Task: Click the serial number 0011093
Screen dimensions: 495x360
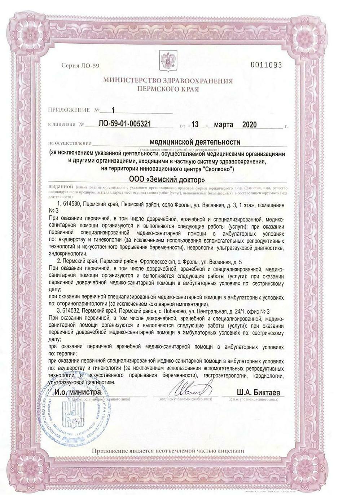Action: (x=266, y=65)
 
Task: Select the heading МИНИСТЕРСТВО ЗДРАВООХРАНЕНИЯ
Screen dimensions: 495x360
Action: (x=168, y=81)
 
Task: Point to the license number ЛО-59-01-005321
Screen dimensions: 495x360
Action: (x=124, y=124)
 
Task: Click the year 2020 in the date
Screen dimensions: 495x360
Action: (x=249, y=125)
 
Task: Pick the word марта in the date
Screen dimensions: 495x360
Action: (x=224, y=125)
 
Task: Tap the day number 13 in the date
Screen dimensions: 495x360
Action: (x=195, y=125)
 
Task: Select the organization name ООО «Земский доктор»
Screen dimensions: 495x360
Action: (x=167, y=179)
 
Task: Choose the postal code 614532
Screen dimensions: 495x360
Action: (x=73, y=310)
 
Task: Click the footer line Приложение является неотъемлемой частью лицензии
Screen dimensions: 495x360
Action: (x=168, y=451)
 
